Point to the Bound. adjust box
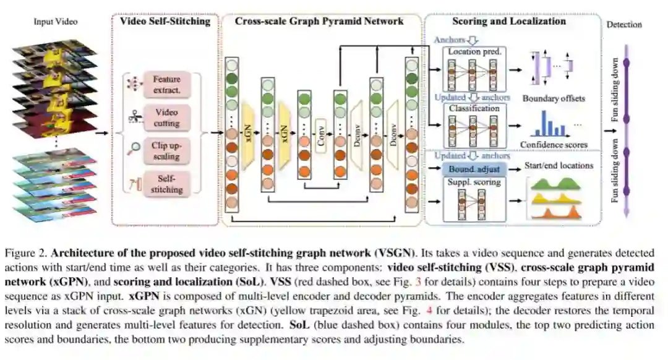point(475,168)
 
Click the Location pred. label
point(475,52)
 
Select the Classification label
point(475,108)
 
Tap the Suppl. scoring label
point(475,182)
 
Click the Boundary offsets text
point(553,98)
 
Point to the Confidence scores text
point(554,145)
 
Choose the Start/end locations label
point(559,165)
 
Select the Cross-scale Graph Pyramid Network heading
point(319,22)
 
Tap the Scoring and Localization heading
point(509,22)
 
